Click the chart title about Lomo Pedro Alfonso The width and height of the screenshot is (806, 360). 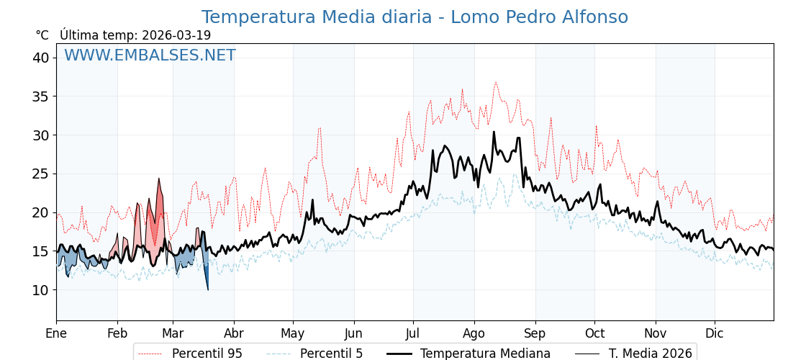click(x=415, y=17)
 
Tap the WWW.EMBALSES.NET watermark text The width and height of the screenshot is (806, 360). click(x=150, y=55)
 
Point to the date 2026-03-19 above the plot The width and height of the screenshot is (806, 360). click(x=176, y=35)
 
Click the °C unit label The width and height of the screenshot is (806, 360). click(x=42, y=35)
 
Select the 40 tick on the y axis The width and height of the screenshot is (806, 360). click(x=40, y=58)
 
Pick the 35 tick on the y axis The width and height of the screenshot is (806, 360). click(x=40, y=96)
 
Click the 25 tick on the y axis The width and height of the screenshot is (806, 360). click(x=40, y=174)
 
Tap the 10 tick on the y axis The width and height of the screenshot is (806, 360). click(x=40, y=290)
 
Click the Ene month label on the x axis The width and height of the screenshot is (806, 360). click(x=56, y=333)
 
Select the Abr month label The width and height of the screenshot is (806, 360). click(x=234, y=333)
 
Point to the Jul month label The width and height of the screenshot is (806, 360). click(x=413, y=333)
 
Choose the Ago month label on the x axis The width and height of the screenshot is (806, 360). click(x=474, y=333)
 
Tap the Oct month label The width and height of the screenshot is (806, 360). click(x=594, y=333)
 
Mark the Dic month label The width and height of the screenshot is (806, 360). click(x=715, y=333)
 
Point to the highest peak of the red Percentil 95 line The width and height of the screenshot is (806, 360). click(x=495, y=82)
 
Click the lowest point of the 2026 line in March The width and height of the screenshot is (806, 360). click(x=208, y=289)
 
